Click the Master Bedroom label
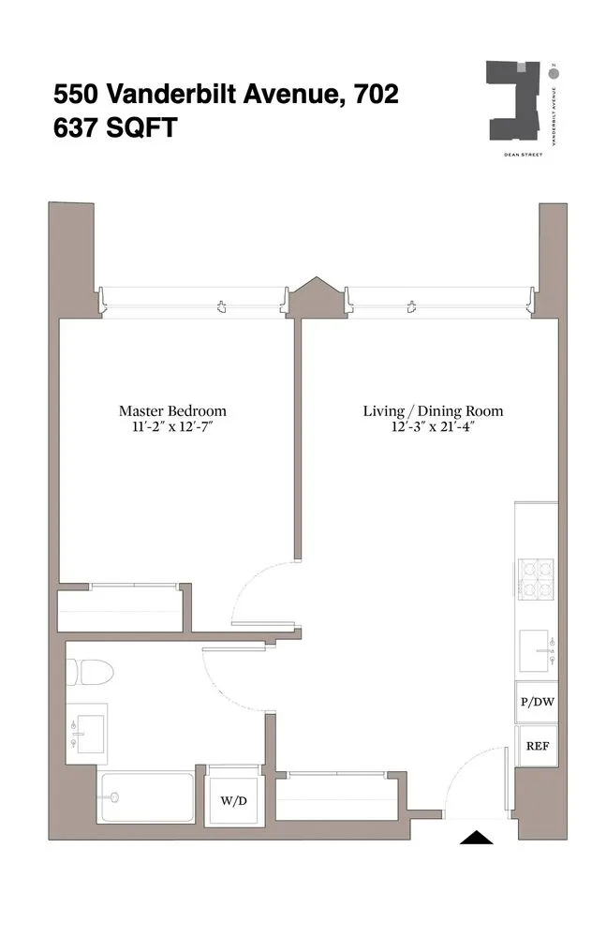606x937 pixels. pos(172,410)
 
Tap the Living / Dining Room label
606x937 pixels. pos(433,410)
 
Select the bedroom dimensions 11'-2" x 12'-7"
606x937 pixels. pos(172,428)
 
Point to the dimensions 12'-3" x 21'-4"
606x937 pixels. pos(433,428)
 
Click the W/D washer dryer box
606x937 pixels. pos(233,800)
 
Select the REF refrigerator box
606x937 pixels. pos(537,747)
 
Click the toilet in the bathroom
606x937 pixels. pos(92,672)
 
